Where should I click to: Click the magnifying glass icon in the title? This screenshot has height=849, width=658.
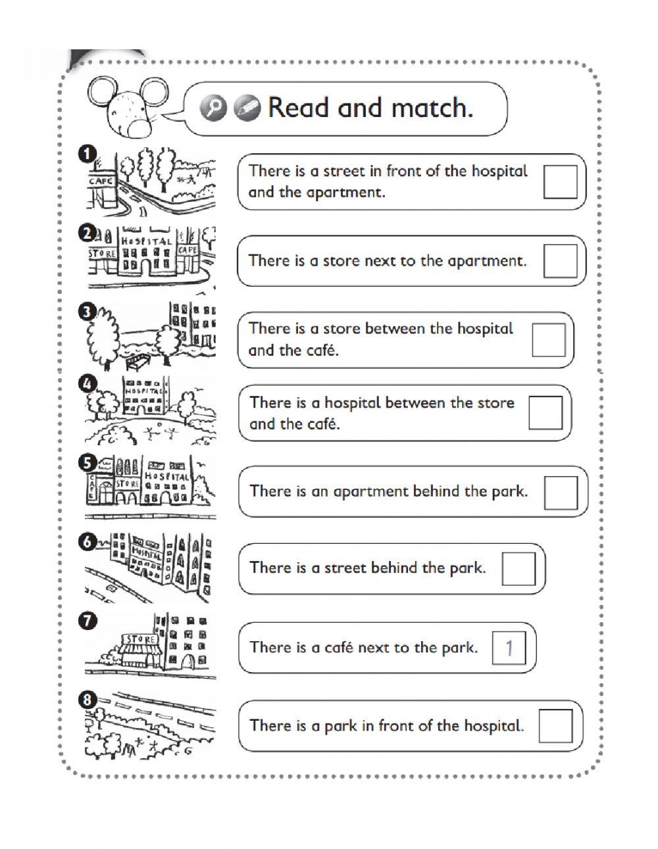[x=214, y=108]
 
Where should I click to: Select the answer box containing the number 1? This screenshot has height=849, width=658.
[x=509, y=648]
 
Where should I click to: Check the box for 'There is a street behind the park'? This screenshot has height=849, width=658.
[x=519, y=568]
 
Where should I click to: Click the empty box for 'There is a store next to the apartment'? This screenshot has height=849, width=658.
[x=560, y=260]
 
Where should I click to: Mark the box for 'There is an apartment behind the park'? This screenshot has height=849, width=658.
[x=561, y=492]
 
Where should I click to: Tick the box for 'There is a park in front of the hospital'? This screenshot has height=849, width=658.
[x=555, y=726]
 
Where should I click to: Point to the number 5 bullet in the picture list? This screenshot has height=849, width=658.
[x=87, y=464]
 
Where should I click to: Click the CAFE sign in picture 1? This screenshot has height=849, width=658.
[x=101, y=181]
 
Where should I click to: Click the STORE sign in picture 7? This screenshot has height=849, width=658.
[x=139, y=639]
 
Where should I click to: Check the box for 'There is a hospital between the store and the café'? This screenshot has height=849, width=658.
[x=545, y=413]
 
